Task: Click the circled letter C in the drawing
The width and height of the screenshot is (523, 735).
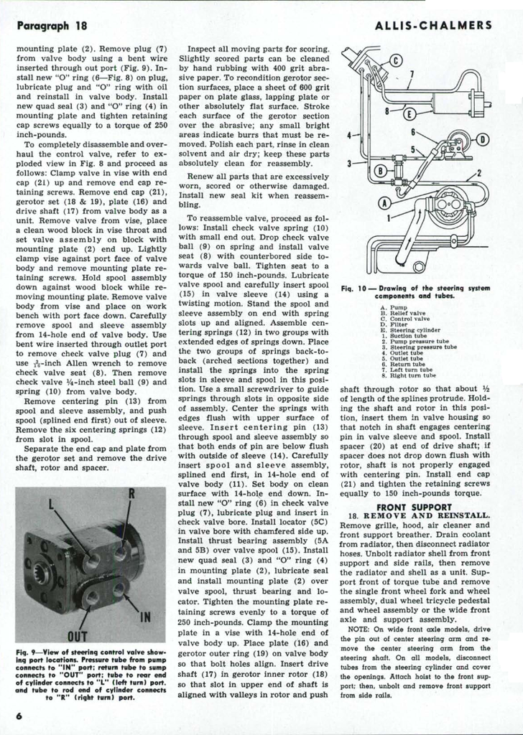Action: pyautogui.click(x=394, y=61)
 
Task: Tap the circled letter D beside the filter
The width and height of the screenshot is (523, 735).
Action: pyautogui.click(x=481, y=138)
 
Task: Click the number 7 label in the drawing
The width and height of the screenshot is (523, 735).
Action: pyautogui.click(x=412, y=74)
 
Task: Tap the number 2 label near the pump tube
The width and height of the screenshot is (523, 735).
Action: pyautogui.click(x=478, y=174)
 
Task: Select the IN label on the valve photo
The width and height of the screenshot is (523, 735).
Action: pyautogui.click(x=145, y=616)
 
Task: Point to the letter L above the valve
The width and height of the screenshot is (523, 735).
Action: pyautogui.click(x=51, y=506)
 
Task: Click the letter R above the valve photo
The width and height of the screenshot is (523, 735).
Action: pyautogui.click(x=131, y=495)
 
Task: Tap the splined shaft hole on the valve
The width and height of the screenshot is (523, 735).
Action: pyautogui.click(x=42, y=572)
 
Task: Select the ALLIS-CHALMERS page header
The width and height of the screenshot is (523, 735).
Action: pyautogui.click(x=434, y=25)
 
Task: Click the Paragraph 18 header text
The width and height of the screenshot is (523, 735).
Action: pyautogui.click(x=52, y=26)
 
